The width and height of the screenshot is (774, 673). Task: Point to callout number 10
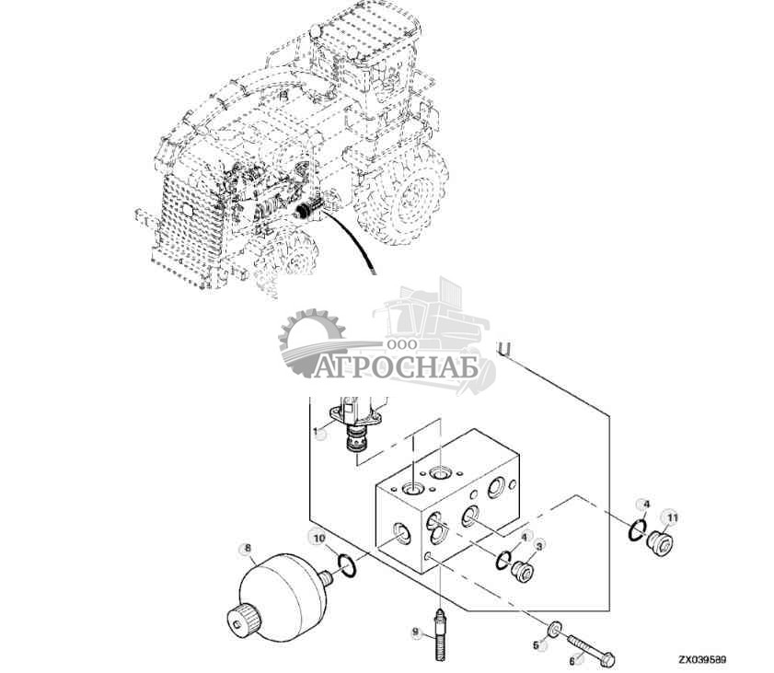click(318, 538)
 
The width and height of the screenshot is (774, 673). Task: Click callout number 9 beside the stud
click(415, 632)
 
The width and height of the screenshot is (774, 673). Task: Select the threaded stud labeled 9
click(439, 633)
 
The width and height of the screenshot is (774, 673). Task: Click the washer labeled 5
click(555, 629)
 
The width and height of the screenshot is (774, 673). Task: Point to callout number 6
click(572, 659)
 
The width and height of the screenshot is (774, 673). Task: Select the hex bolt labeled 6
click(591, 646)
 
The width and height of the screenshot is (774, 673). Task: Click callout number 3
click(540, 545)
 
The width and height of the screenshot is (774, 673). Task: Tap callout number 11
click(672, 518)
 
